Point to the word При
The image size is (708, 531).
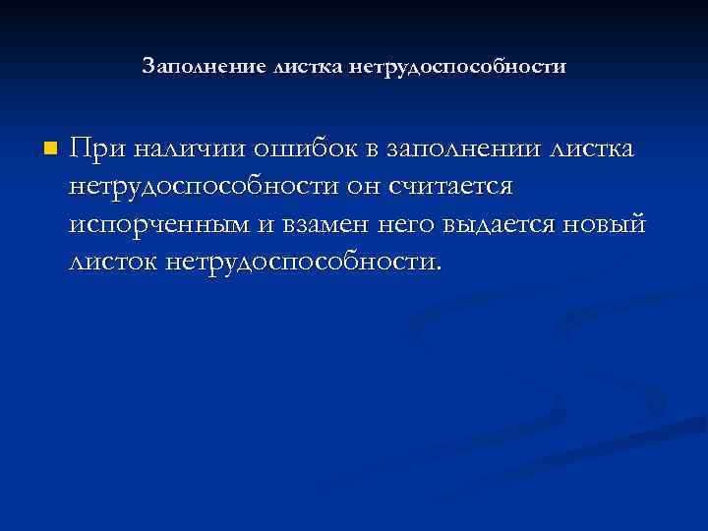click(x=95, y=149)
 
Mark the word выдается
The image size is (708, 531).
click(x=504, y=225)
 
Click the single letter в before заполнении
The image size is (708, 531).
click(x=372, y=150)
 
